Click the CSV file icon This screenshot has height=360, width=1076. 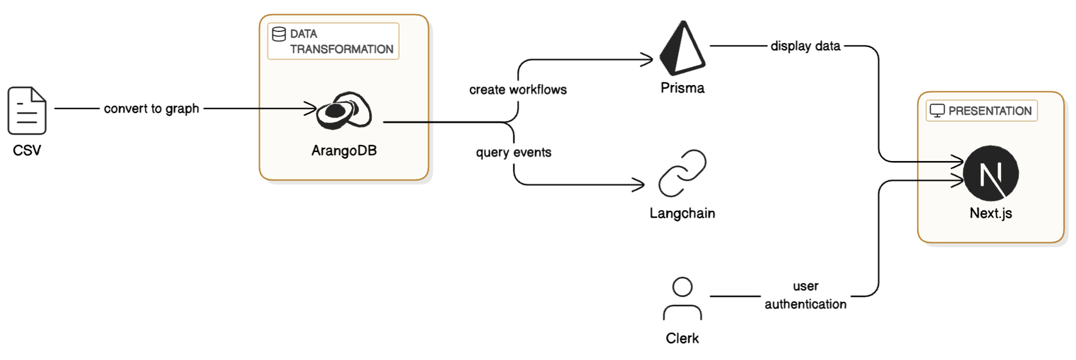(x=27, y=111)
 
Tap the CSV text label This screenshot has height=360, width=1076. (x=27, y=150)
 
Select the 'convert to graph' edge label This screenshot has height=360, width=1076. (x=151, y=108)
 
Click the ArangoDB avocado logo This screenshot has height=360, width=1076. (x=344, y=111)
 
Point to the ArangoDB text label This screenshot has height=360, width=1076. (x=344, y=150)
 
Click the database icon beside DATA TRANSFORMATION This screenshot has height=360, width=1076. (x=279, y=35)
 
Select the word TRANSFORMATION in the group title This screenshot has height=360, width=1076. (x=341, y=49)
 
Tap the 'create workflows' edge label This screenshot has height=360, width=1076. (x=518, y=89)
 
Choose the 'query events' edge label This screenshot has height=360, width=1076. (x=513, y=152)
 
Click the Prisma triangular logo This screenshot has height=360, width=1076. (x=682, y=49)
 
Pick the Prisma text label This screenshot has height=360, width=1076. (x=682, y=88)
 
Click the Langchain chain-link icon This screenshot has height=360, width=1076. (x=682, y=173)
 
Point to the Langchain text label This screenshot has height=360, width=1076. (x=682, y=213)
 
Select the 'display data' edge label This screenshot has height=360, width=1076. (x=805, y=46)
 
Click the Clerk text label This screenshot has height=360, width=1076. (x=682, y=338)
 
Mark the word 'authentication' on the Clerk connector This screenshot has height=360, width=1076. (x=805, y=304)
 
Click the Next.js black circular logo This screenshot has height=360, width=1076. (x=991, y=173)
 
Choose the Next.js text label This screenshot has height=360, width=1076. (x=991, y=213)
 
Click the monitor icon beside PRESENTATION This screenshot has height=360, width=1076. (x=937, y=111)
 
